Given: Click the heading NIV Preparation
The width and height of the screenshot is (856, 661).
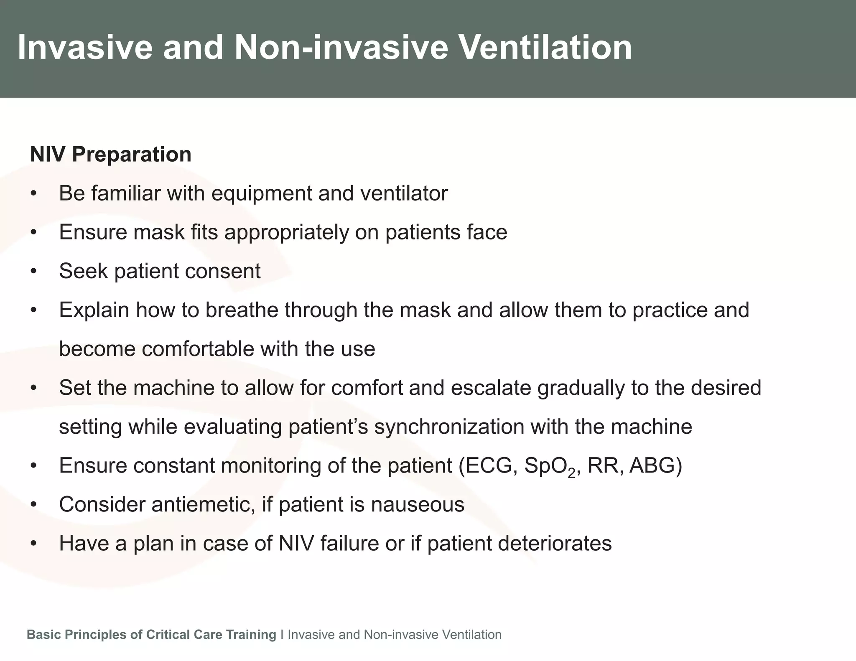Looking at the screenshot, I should (111, 154).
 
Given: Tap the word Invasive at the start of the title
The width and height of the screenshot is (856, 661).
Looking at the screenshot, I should (85, 48).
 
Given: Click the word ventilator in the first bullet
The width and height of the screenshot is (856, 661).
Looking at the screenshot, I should (403, 193).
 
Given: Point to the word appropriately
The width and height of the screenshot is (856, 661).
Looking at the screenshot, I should (286, 233).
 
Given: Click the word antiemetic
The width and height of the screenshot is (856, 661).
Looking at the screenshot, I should (203, 504).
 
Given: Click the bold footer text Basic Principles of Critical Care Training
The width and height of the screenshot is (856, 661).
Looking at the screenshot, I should (151, 635).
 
